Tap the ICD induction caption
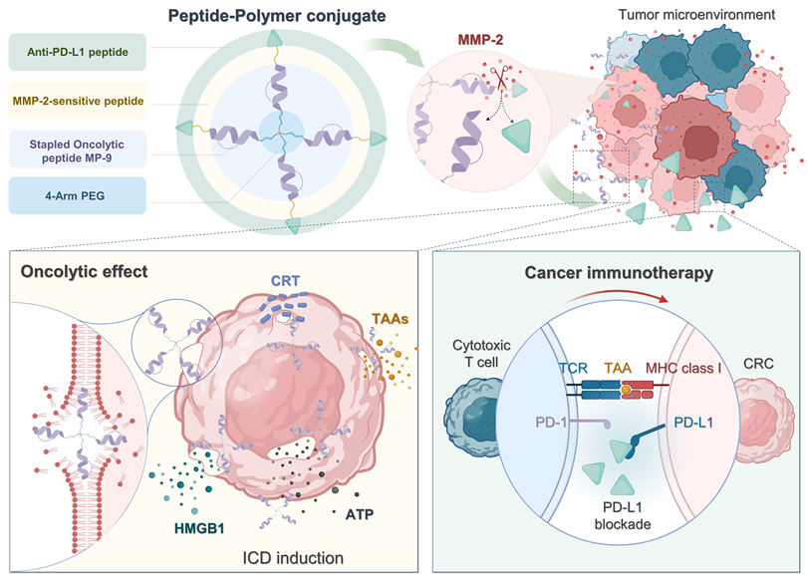(295, 557)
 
